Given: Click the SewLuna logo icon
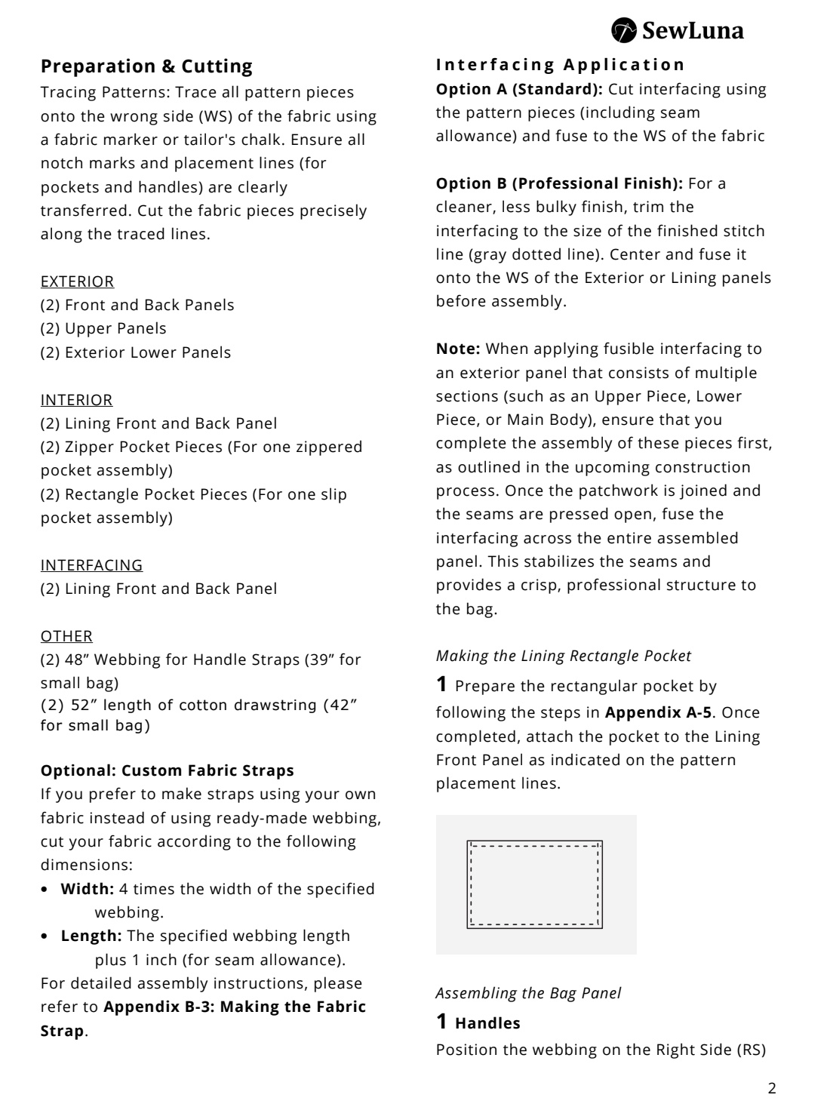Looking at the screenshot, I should point(624,31).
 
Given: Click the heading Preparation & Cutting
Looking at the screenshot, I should point(146,66).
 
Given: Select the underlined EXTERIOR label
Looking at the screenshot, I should point(77,281).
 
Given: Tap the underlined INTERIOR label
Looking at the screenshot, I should point(76,400).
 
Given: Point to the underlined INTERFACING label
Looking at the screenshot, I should point(91,565).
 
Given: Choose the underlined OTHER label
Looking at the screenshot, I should point(66,636).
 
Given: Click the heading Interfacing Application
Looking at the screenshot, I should point(561,65).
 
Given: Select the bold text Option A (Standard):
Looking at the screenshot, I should point(519,89).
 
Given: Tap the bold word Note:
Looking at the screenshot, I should point(458,349).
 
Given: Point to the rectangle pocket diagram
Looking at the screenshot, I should point(535,884).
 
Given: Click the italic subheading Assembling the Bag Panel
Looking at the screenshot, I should point(528,993).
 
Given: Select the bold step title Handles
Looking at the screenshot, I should point(487,1023).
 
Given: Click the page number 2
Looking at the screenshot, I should point(771,1088).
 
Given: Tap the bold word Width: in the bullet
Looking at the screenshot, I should point(88,889).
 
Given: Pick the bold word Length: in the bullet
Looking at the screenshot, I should point(91,936).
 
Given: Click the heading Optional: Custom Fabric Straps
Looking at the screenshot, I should point(167,770).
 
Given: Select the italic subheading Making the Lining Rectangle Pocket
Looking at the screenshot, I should point(564,656).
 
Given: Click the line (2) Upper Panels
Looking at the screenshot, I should point(103,328).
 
